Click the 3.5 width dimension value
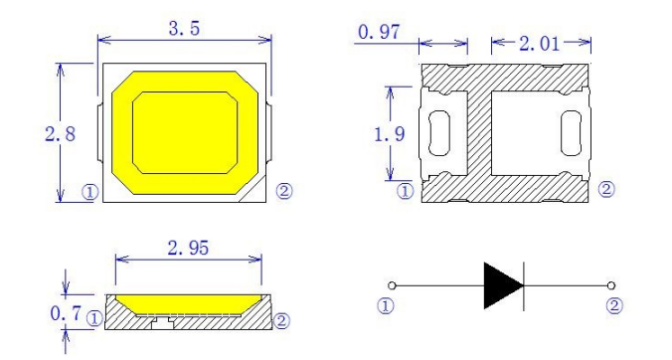(184, 29)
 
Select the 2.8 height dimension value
(60, 134)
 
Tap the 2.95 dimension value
(188, 249)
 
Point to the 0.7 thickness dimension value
(66, 313)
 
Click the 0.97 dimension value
(379, 32)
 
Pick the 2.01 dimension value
(540, 44)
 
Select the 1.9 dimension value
(389, 134)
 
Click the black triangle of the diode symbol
(503, 285)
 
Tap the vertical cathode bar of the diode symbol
(524, 285)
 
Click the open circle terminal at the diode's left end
(392, 285)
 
